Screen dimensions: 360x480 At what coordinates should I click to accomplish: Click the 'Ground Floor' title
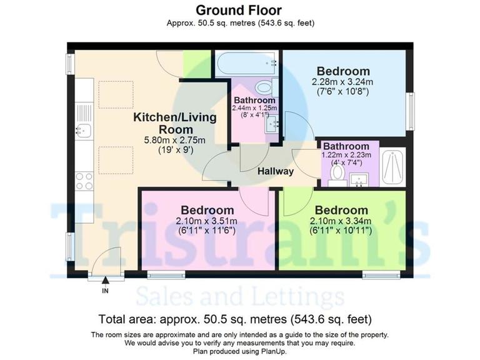239,10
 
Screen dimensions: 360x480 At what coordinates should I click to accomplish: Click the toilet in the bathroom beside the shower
338,172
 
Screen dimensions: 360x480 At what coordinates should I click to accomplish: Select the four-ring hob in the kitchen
84,181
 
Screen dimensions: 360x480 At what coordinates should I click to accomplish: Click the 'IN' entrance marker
105,291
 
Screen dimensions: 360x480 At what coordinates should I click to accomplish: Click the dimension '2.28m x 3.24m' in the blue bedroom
342,82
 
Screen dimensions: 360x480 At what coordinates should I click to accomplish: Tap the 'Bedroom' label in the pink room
207,210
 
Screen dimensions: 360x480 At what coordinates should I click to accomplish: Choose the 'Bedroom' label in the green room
341,210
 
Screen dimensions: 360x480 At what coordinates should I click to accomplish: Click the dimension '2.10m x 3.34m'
341,221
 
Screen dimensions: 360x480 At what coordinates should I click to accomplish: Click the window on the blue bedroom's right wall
410,111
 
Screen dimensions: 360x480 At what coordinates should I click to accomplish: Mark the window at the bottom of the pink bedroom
166,274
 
